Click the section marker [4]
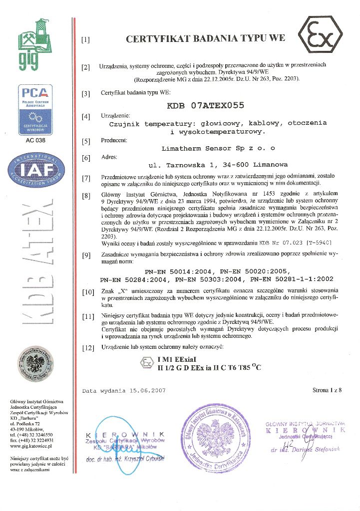coord(86,117)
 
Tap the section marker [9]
coord(86,256)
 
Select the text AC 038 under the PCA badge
coord(34,140)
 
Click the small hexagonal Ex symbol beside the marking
coord(146,363)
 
